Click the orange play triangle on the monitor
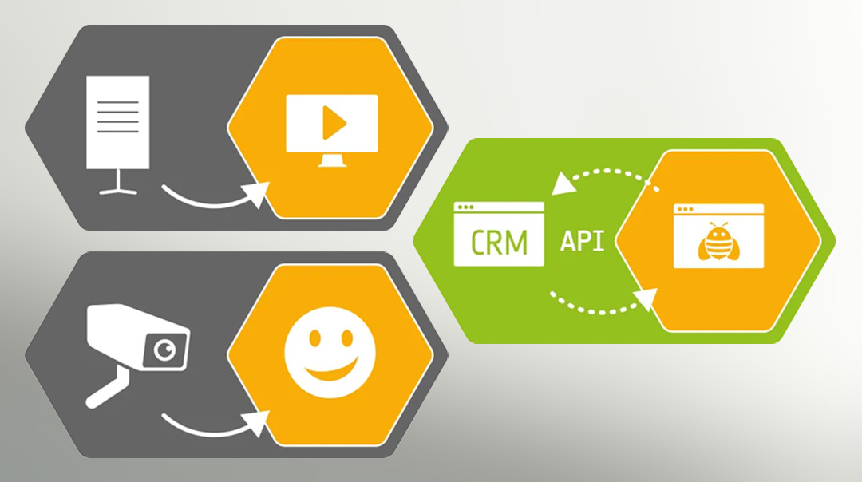click(333, 123)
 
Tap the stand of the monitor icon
click(332, 160)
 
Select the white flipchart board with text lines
click(117, 122)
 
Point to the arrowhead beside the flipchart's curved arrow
click(257, 194)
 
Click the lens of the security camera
click(164, 350)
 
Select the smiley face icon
click(330, 352)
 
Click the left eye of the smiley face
click(314, 338)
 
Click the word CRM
click(499, 242)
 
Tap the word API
click(582, 241)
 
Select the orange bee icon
click(718, 241)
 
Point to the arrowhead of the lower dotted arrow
click(646, 299)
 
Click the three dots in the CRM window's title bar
click(465, 207)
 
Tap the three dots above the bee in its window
click(685, 209)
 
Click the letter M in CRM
click(516, 243)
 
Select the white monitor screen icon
click(332, 131)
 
